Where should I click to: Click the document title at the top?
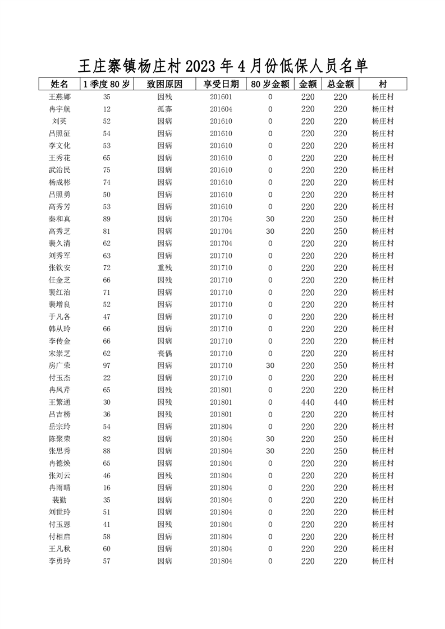pyautogui.click(x=222, y=66)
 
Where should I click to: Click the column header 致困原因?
pyautogui.click(x=164, y=85)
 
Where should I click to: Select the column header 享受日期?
pyautogui.click(x=221, y=85)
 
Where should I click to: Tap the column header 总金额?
pyautogui.click(x=340, y=85)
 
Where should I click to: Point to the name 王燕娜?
pyautogui.click(x=59, y=97)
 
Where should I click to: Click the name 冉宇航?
pyautogui.click(x=59, y=109)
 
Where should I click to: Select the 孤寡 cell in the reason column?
pyautogui.click(x=164, y=109)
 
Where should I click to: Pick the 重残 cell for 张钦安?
pyautogui.click(x=164, y=268)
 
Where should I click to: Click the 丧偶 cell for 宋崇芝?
pyautogui.click(x=164, y=354)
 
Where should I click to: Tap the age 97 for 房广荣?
pyautogui.click(x=107, y=366)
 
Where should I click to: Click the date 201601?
pyautogui.click(x=221, y=97)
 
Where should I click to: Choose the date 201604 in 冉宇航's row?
pyautogui.click(x=221, y=109)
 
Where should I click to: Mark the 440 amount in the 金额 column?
pyautogui.click(x=308, y=403)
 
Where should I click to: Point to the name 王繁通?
pyautogui.click(x=59, y=403)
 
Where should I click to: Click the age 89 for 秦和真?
pyautogui.click(x=107, y=219)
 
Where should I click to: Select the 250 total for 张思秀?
pyautogui.click(x=340, y=451)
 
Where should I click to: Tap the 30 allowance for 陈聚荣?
pyautogui.click(x=270, y=439)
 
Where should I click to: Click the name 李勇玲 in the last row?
pyautogui.click(x=59, y=561)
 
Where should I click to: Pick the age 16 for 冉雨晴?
pyautogui.click(x=107, y=488)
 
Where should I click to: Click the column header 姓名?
pyautogui.click(x=59, y=85)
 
